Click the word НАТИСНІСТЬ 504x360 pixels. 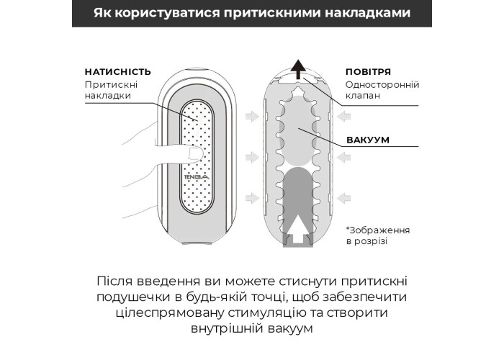(x=117, y=72)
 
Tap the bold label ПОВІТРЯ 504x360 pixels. (x=368, y=72)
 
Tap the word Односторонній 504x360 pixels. (x=382, y=85)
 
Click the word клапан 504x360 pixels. (x=364, y=96)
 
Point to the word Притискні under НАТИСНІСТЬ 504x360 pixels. (x=110, y=85)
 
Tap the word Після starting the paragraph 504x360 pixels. (x=114, y=280)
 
